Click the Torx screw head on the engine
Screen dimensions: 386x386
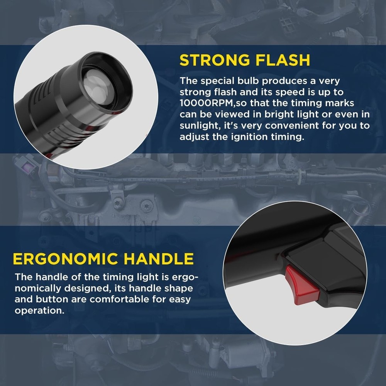point(147,204)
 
